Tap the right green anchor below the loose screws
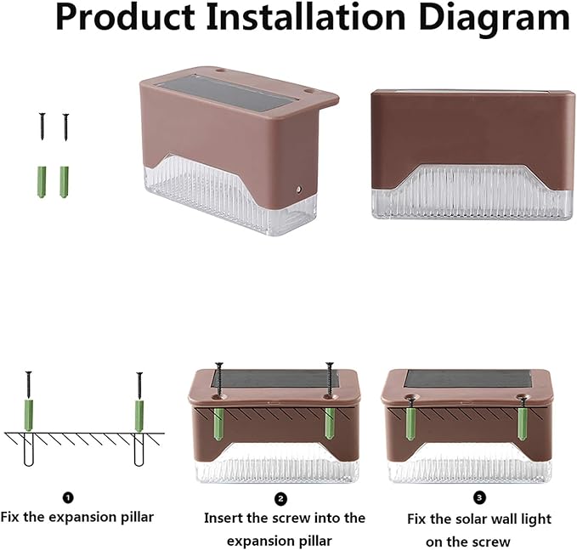coord(65,179)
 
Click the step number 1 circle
coord(68,498)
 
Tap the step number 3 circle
coord(480,498)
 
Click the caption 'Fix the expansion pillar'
coord(76,517)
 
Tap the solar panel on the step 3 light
coord(465,378)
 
